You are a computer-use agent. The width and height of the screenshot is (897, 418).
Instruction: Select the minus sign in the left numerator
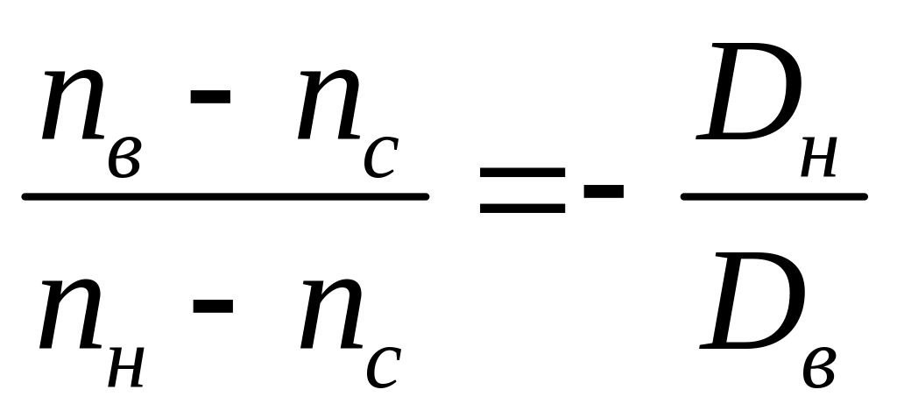(211, 93)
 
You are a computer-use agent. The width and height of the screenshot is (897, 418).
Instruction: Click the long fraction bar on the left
(225, 197)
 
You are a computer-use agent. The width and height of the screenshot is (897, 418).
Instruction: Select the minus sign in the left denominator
(211, 305)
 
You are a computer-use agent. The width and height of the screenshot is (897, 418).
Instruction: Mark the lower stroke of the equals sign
(522, 209)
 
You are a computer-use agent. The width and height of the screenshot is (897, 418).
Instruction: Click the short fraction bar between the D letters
(773, 195)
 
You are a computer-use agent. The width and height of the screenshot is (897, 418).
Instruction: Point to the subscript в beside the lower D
(818, 367)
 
